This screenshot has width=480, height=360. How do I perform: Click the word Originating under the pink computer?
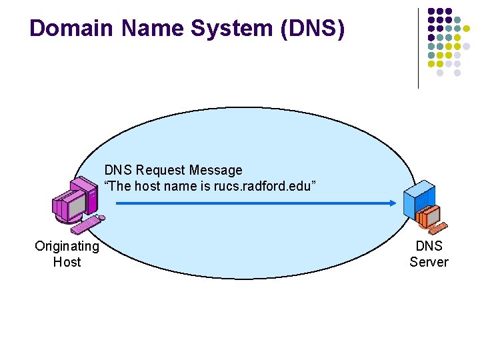coord(67,247)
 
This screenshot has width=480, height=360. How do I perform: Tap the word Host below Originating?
coord(67,262)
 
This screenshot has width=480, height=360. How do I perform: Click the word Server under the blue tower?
coord(429,262)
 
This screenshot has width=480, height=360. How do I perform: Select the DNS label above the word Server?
coord(429,247)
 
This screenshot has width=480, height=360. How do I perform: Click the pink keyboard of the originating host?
coord(85,226)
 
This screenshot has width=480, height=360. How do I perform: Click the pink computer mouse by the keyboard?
coord(101,217)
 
